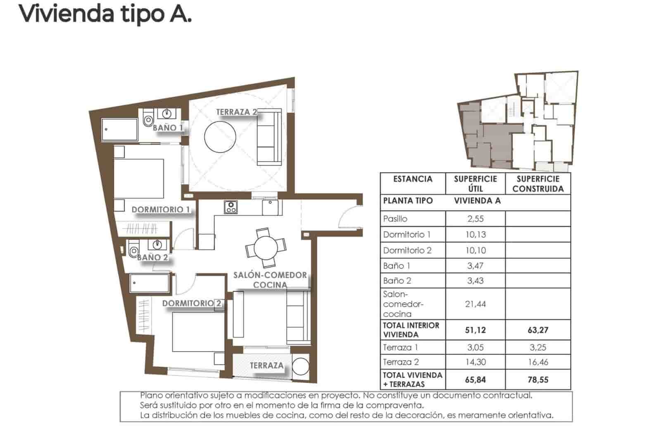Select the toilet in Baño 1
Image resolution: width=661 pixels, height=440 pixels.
(x=147, y=120)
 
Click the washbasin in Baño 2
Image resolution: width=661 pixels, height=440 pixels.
(x=157, y=245)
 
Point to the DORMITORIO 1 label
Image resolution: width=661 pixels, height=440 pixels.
(x=160, y=210)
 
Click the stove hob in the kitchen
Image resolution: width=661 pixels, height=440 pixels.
(x=231, y=207)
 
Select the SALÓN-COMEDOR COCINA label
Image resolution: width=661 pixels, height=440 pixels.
(x=270, y=280)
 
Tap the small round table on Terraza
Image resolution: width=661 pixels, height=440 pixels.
(x=300, y=366)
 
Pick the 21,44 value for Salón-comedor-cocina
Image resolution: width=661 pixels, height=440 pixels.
(x=476, y=304)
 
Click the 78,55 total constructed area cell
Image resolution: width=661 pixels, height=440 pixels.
(x=538, y=380)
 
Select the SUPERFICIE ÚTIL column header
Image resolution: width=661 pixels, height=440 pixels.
(x=476, y=184)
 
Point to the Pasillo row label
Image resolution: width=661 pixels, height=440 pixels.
(x=395, y=219)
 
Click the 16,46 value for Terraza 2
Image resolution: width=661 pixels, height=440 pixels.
(x=538, y=362)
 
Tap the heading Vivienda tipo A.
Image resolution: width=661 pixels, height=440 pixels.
(x=105, y=13)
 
